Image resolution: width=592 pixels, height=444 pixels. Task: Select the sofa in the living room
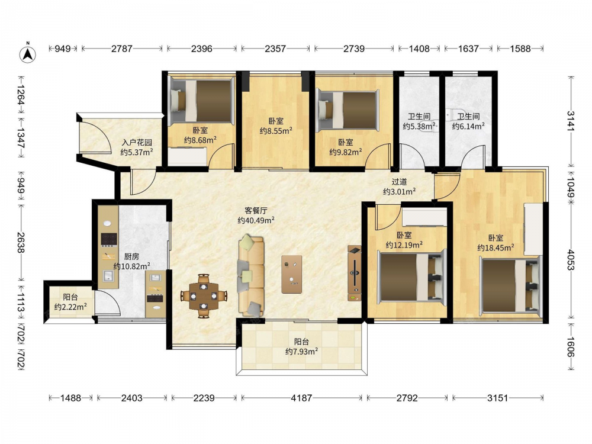pos(250,276)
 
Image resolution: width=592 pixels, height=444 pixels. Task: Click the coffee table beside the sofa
pos(291,274)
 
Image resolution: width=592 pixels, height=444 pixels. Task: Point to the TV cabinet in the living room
pos(354,273)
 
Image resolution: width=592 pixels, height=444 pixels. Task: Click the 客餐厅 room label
pos(256,210)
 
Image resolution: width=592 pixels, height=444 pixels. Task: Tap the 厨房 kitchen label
pos(131,257)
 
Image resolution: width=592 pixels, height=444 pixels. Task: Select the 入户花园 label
pos(137,142)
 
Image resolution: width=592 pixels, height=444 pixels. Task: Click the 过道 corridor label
pos(399,182)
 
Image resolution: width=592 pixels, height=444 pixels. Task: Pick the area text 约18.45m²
pos(496,247)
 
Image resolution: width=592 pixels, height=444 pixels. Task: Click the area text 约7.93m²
pos(301,352)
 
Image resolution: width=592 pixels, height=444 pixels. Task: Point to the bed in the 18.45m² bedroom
pos(510,285)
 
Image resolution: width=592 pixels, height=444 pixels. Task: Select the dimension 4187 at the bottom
pos(301,398)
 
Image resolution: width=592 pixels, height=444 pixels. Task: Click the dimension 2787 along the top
pos(121,49)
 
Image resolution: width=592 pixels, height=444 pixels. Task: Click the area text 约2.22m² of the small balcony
pos(70,307)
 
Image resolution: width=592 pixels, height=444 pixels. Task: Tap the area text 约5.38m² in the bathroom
pos(419,126)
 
